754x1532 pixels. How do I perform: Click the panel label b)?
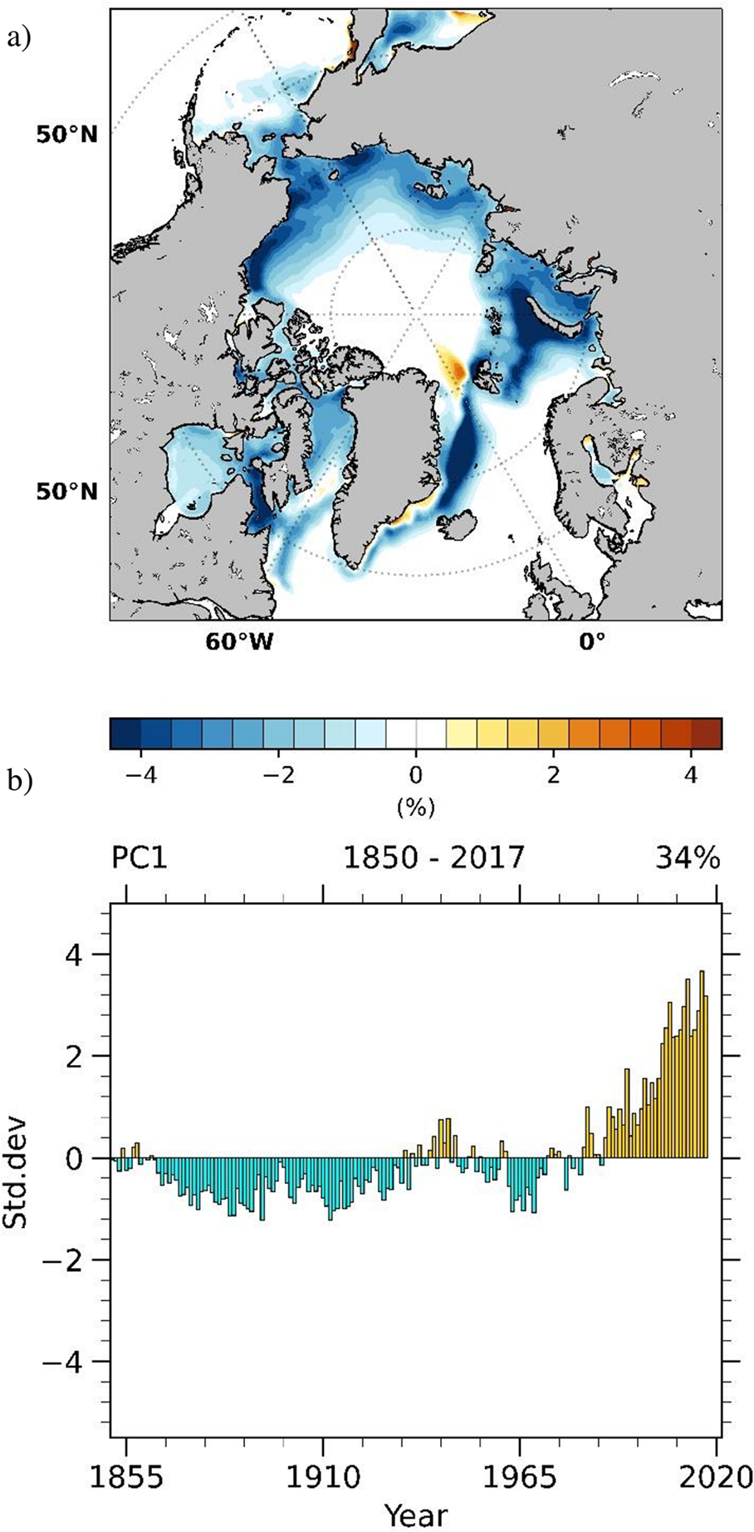click(18, 781)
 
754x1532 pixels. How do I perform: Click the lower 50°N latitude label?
click(66, 492)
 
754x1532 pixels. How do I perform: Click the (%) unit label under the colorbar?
click(415, 806)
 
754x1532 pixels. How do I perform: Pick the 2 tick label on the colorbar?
click(553, 775)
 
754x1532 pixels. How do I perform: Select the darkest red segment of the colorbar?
click(706, 734)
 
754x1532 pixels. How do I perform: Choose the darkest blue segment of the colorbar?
click(125, 734)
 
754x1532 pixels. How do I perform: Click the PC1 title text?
click(139, 857)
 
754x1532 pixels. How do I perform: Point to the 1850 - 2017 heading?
click(434, 857)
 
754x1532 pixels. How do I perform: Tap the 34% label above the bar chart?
click(687, 857)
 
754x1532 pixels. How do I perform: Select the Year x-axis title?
click(415, 1514)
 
